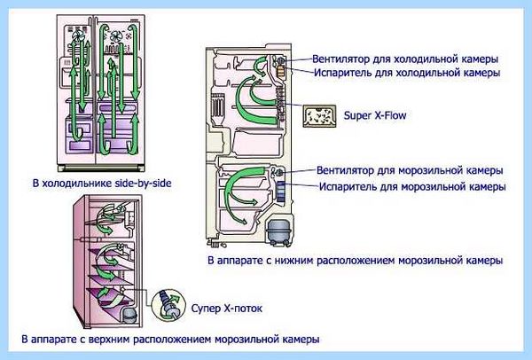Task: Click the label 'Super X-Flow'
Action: coord(375,115)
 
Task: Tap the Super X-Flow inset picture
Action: coord(319,116)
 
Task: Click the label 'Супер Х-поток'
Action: coord(227,309)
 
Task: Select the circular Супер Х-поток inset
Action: coord(168,305)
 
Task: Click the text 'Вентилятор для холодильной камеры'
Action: coord(405,59)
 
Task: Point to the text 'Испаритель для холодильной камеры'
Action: coord(407,73)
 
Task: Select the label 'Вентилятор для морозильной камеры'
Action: coord(410,170)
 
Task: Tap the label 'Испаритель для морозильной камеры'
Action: coord(412,186)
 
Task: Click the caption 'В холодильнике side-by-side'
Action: coord(102,184)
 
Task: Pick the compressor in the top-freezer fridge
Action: coord(129,316)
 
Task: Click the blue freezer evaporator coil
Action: coord(281,192)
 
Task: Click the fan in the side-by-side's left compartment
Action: coord(77,35)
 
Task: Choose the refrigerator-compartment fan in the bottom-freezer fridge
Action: coord(281,61)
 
